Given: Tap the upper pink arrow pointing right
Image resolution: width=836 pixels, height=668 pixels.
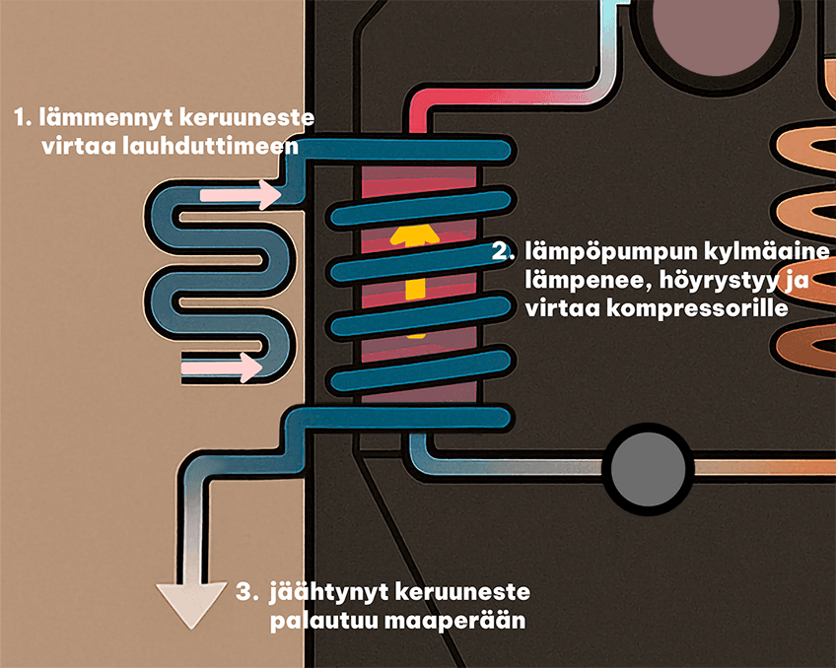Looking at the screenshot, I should tap(241, 195).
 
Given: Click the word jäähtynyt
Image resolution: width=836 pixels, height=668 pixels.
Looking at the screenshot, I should tap(325, 593).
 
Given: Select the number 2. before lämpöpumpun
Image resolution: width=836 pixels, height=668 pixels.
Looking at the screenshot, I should tap(503, 251).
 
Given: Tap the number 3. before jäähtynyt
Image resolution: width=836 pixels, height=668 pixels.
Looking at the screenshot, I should tap(246, 593).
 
